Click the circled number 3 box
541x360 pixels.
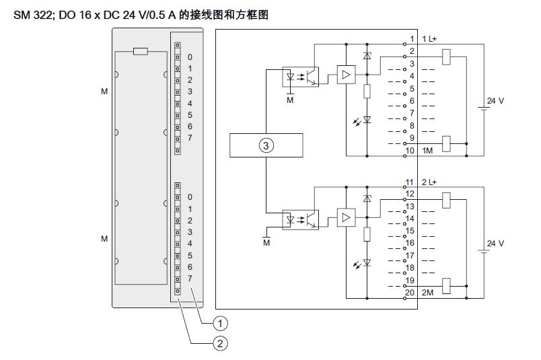click(266, 146)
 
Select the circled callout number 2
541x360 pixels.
click(220, 343)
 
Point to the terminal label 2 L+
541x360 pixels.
click(429, 182)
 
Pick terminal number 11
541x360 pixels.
click(410, 182)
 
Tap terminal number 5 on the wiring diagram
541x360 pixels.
click(412, 89)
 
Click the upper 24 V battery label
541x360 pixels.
click(495, 100)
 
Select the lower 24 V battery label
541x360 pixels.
click(495, 243)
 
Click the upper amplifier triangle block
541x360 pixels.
click(346, 75)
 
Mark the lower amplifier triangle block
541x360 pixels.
click(346, 217)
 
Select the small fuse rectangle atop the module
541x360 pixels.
click(141, 50)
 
